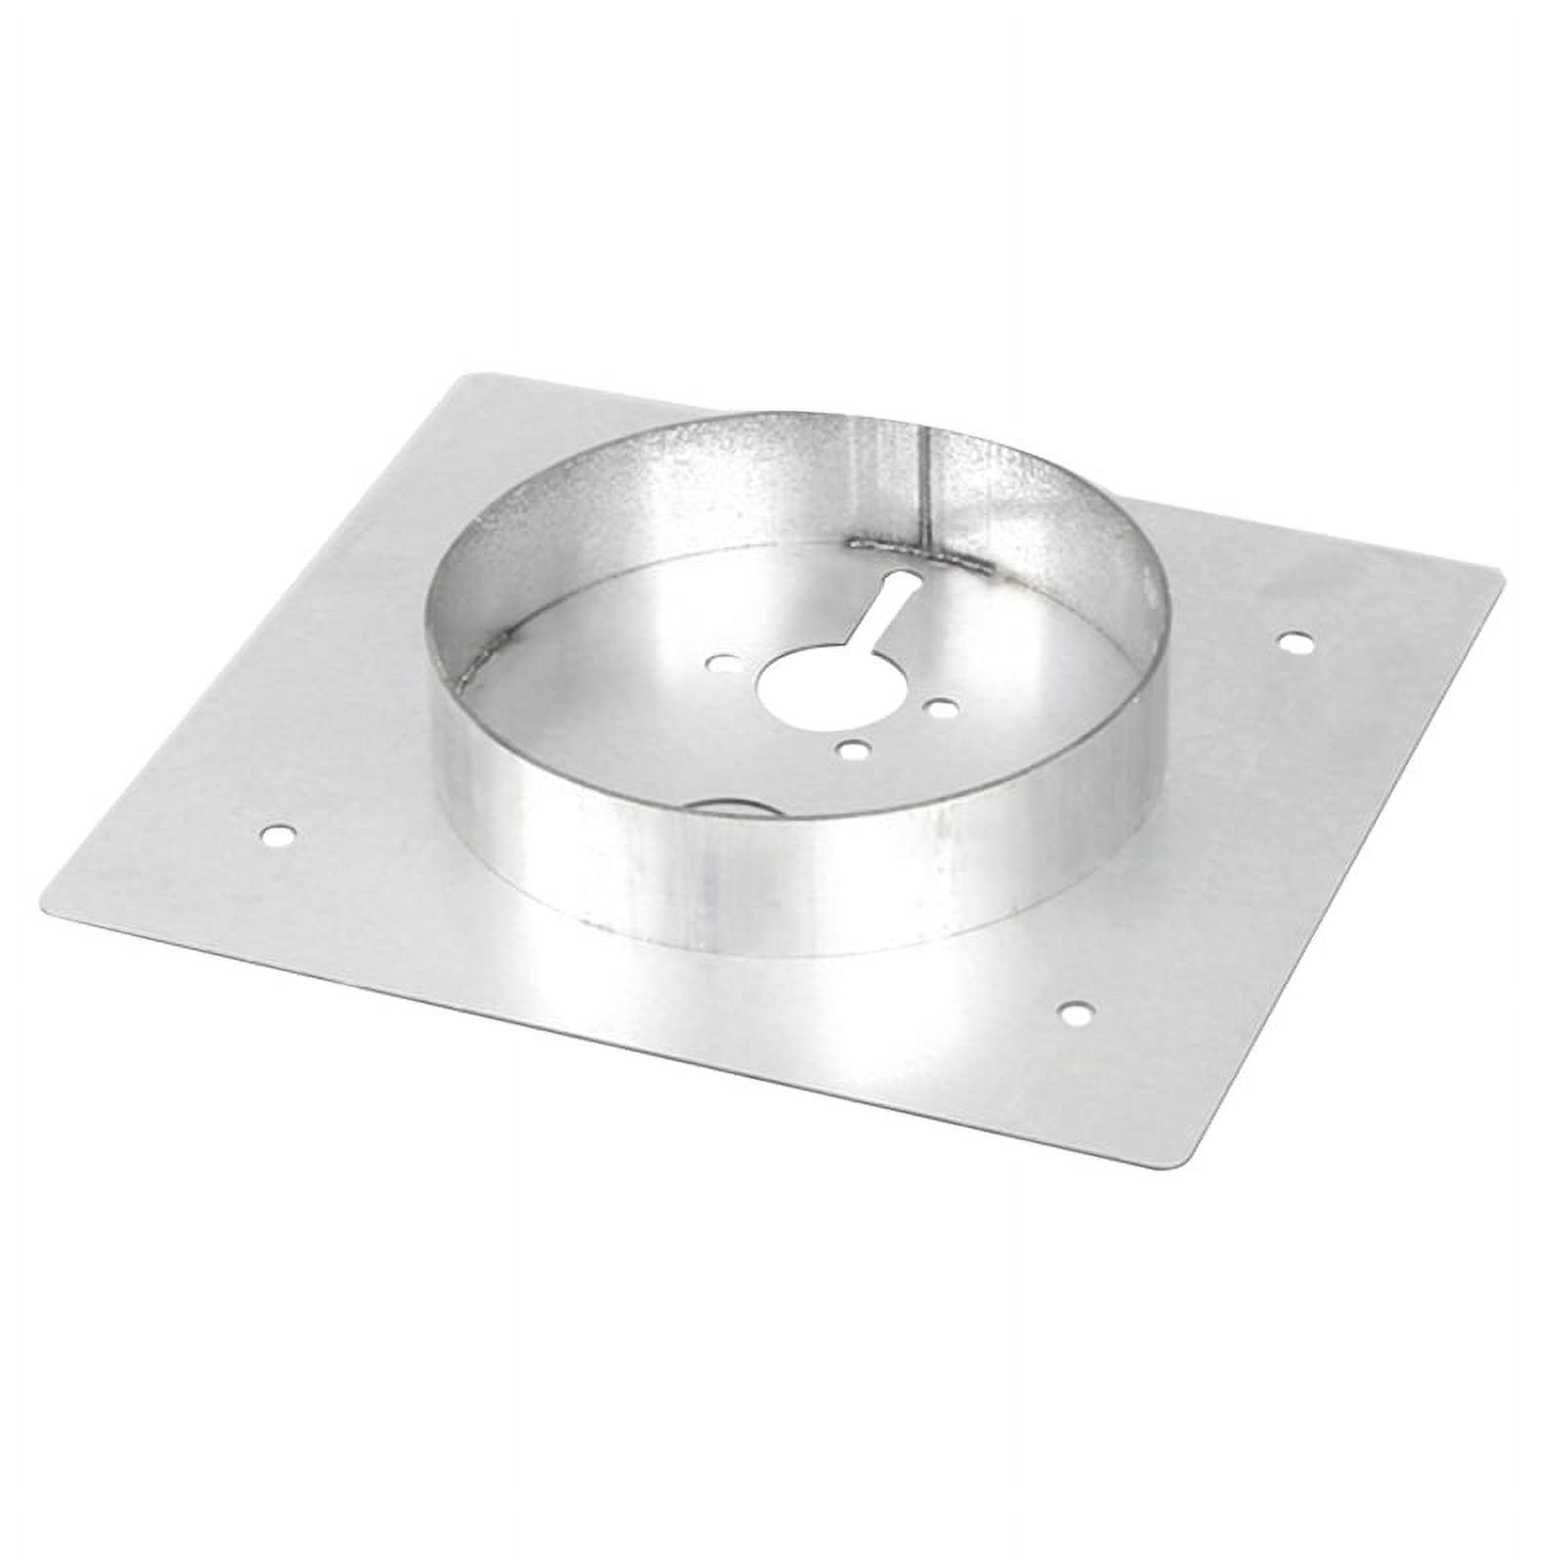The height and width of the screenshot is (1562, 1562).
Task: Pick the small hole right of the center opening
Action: pos(941,711)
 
